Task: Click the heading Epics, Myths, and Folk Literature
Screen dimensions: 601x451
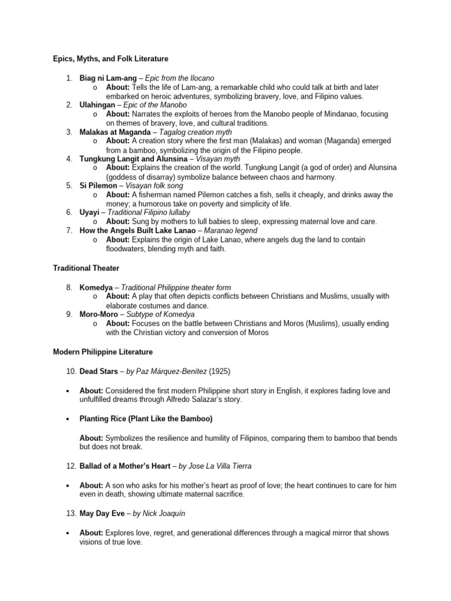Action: point(110,59)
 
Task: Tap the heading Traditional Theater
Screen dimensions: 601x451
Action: point(86,268)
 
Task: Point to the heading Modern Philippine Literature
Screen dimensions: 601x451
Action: point(103,352)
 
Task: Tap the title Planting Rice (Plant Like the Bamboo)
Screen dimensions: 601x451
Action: point(146,418)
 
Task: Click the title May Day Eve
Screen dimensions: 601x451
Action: point(102,513)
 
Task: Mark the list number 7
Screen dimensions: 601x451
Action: point(69,231)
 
